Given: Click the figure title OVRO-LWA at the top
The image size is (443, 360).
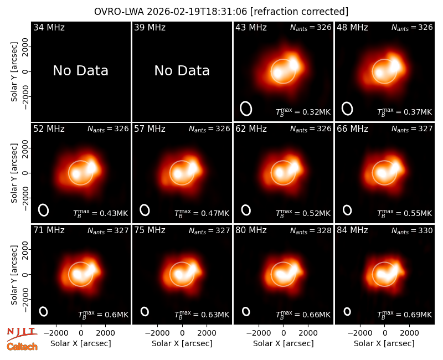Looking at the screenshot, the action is (x=119, y=12).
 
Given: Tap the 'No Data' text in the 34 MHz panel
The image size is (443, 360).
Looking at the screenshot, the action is (x=80, y=71).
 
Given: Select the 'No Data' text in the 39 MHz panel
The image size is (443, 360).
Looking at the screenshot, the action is (x=182, y=71).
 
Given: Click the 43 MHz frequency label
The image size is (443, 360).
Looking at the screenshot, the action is (x=251, y=27).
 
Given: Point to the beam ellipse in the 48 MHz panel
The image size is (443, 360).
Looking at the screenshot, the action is (x=347, y=109).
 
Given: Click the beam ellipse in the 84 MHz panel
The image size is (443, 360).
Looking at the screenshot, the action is (x=347, y=311).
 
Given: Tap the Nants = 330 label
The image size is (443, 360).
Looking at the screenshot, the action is (x=412, y=231).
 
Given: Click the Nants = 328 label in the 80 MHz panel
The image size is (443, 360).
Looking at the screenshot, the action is (x=311, y=231).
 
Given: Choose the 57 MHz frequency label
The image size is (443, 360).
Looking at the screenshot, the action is (x=150, y=129).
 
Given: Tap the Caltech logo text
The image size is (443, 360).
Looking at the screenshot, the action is (x=22, y=347).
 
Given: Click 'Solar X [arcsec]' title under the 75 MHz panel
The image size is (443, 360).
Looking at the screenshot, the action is (x=182, y=343).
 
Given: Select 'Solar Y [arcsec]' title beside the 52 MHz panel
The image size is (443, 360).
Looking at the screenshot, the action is (x=14, y=173).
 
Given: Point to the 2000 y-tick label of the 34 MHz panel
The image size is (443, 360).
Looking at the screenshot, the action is (x=25, y=47).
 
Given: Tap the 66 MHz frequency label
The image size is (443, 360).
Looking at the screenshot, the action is (x=352, y=129).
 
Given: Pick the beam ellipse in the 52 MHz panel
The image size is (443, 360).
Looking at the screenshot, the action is (x=44, y=210).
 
